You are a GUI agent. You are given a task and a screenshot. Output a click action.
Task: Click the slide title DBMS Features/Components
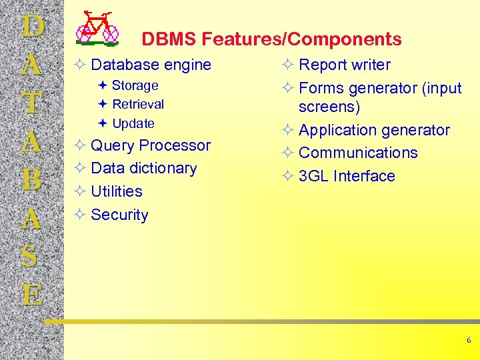[271, 39]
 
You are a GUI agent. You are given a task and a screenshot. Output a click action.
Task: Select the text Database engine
[151, 65]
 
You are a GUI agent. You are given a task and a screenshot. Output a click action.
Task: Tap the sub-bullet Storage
[135, 85]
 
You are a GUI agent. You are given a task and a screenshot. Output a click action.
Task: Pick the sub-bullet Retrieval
[138, 104]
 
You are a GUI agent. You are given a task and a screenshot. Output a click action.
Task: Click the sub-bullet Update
[133, 123]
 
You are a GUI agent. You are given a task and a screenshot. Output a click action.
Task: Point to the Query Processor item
[151, 145]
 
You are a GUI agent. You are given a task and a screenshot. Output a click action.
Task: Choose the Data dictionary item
[143, 168]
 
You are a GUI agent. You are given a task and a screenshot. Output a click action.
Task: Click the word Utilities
[117, 191]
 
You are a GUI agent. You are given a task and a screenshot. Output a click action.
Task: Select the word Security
[119, 215]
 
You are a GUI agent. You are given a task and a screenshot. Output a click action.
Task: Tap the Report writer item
[345, 65]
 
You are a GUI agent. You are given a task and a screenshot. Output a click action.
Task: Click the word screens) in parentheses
[329, 107]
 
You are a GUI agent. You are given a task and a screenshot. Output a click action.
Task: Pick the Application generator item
[374, 130]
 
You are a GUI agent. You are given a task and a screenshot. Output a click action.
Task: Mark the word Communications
[358, 153]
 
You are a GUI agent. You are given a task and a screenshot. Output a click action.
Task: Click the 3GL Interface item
[347, 176]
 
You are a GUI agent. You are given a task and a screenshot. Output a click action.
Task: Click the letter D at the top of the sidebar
[32, 27]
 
